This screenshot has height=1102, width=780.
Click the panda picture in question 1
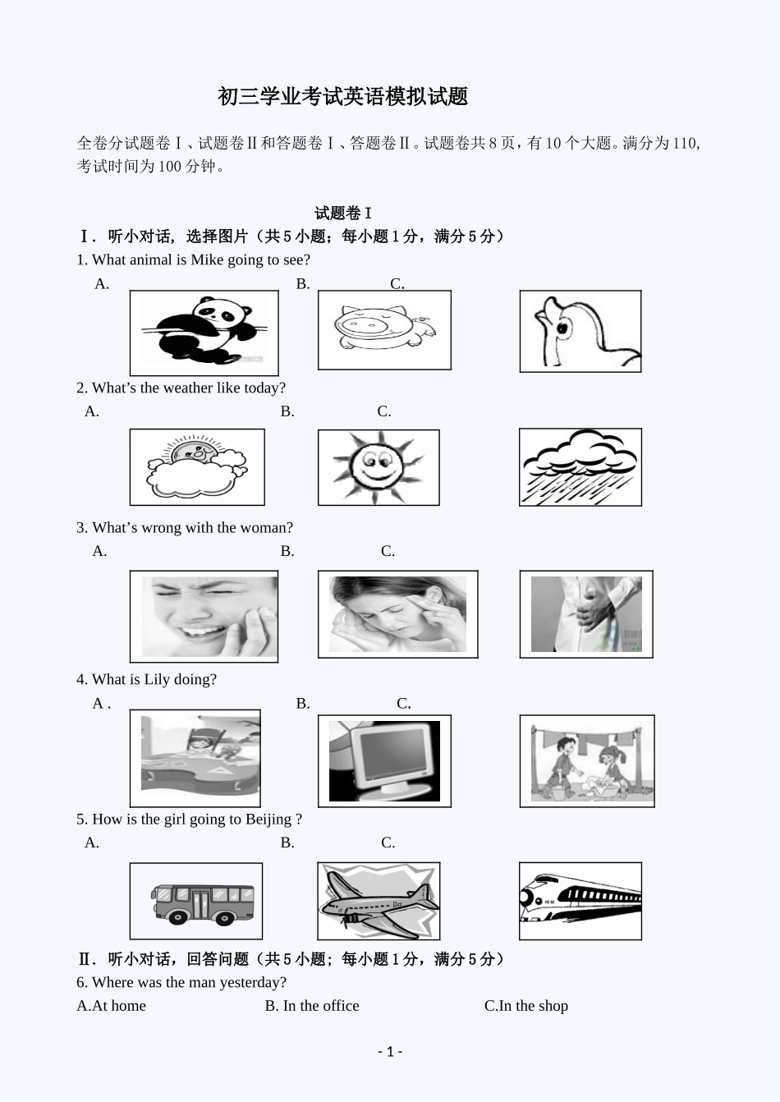204,333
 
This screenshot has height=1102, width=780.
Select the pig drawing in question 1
384,330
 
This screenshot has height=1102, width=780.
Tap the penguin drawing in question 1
580,331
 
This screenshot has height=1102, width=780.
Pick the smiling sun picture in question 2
379,467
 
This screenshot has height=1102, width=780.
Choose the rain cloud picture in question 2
580,466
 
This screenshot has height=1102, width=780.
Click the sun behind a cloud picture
197,466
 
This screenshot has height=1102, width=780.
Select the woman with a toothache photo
204,616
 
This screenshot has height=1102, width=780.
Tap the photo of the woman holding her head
397,614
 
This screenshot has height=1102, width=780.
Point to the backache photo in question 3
585,614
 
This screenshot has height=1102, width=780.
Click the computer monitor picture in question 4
384,760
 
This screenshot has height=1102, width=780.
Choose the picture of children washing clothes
586,760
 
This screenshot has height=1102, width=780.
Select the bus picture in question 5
196,901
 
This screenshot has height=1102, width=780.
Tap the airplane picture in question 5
379,901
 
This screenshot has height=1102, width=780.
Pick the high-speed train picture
580,901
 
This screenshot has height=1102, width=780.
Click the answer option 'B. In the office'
312,1006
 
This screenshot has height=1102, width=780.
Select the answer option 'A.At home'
111,1006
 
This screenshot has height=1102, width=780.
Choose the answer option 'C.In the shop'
525,1006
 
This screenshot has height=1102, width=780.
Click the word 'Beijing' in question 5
268,820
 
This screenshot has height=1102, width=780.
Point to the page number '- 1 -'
390,1052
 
